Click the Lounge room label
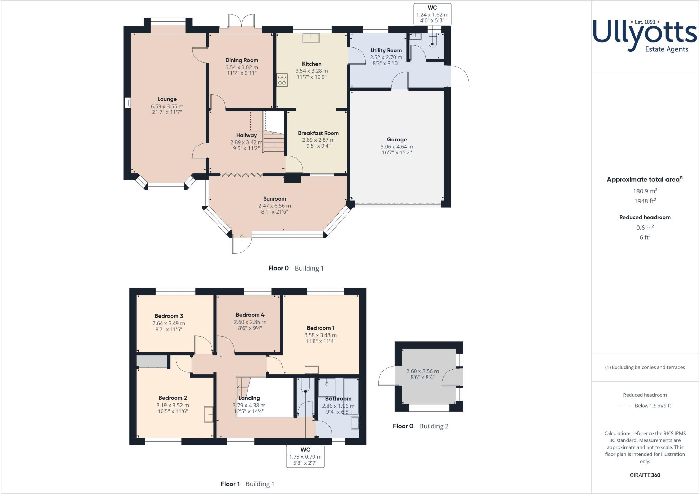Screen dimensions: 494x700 [x=167, y=99]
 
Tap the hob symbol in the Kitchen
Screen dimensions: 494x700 [x=282, y=80]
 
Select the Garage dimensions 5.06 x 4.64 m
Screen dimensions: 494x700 [x=396, y=147]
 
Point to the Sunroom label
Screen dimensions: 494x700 [x=274, y=199]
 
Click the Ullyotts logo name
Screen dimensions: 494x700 [x=645, y=34]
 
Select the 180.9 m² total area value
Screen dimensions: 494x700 [x=645, y=191]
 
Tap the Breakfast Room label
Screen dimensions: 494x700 [x=318, y=133]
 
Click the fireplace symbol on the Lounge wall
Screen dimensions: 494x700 [x=128, y=103]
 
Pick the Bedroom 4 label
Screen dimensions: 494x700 [x=250, y=315]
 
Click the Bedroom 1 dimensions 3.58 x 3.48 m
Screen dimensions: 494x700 [x=320, y=335]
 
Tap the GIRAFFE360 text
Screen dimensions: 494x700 [x=645, y=475]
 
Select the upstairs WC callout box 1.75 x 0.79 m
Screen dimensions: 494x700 [x=305, y=456]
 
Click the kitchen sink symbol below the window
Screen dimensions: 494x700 [x=310, y=38]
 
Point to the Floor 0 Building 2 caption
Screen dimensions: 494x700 [x=420, y=426]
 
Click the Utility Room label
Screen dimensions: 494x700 [x=386, y=50]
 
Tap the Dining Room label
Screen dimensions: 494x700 [x=242, y=60]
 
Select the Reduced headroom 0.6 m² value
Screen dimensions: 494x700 [x=645, y=228]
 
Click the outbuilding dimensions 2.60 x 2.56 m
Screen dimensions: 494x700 [x=422, y=371]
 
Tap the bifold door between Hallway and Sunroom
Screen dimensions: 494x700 [x=242, y=175]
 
